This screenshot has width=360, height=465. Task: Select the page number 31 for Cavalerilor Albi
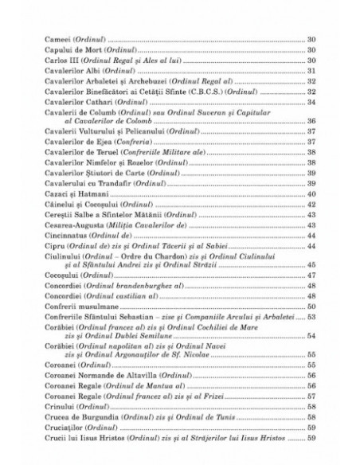pos(312,70)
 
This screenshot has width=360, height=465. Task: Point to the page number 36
pos(312,121)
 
